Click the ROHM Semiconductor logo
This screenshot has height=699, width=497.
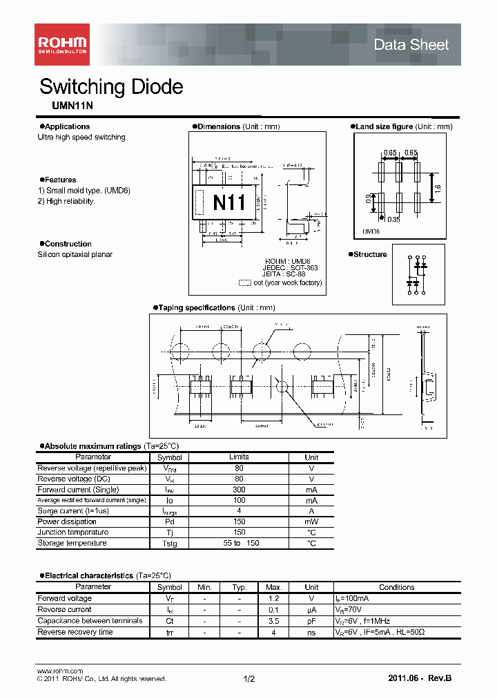(62, 44)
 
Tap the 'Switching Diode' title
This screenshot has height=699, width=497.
(111, 87)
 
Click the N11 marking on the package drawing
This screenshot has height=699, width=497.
(228, 203)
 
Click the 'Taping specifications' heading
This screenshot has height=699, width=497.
(196, 307)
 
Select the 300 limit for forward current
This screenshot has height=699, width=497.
(239, 490)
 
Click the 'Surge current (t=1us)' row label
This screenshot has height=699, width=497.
(73, 511)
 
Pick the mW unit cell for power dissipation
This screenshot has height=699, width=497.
(311, 521)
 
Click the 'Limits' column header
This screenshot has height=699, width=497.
(239, 457)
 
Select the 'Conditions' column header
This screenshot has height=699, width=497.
(396, 587)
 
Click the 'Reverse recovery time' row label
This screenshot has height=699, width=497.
(75, 632)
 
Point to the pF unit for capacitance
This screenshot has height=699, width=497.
(311, 621)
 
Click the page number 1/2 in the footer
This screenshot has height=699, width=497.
(248, 680)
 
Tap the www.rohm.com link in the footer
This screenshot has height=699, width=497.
(59, 671)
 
